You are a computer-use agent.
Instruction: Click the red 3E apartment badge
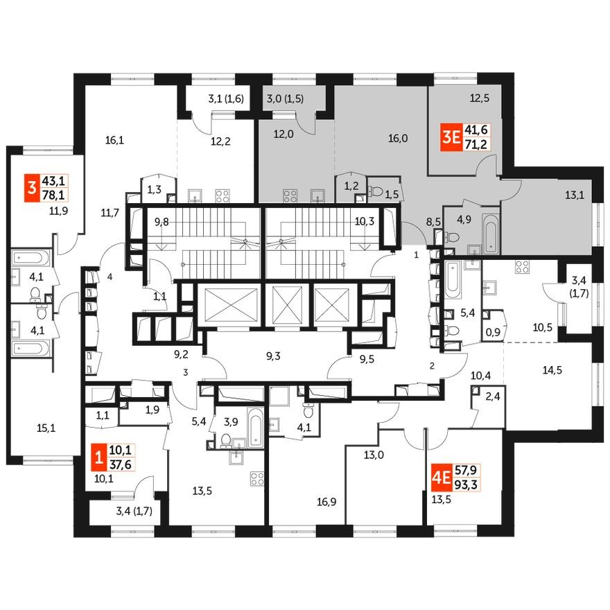coord(451,137)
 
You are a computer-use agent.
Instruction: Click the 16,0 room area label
coord(397,138)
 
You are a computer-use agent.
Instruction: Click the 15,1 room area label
coord(45,428)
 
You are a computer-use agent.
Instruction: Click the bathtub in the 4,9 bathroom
coord(489,233)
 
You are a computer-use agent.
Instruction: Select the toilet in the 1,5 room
coord(377,189)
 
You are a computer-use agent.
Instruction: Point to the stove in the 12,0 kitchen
coord(289,194)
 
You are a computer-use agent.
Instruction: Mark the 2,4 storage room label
coord(491,399)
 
